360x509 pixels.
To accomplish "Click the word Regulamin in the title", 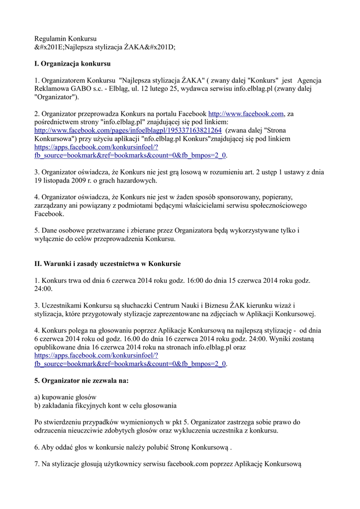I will pos(50,38).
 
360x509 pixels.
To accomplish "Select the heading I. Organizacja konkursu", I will pos(72,64).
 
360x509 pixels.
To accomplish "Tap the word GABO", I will pos(77,89).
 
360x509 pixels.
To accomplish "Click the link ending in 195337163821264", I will pos(128,130).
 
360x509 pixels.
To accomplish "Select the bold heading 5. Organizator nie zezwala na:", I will pos(81,381).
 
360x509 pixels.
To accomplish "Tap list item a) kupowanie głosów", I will pos(65,397).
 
